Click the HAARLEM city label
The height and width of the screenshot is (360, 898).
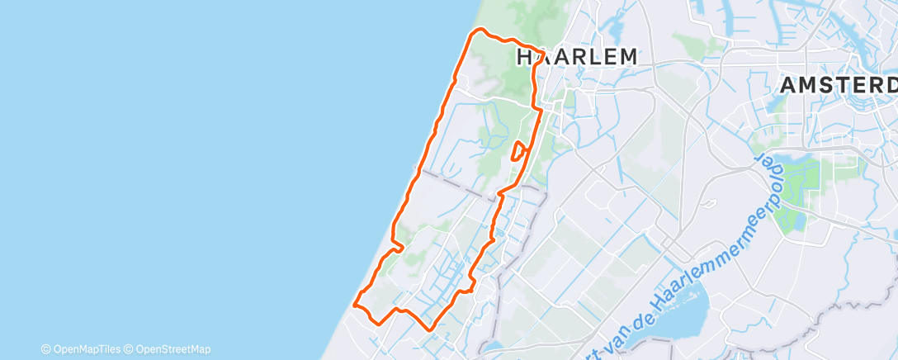click(577, 57)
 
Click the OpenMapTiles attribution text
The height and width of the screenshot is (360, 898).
click(85, 349)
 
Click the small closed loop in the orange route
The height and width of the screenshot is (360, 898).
click(519, 151)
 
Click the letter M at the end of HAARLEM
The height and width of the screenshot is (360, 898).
click(626, 57)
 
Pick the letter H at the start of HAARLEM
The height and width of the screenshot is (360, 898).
click(525, 57)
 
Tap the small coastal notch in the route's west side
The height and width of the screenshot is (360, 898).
click(399, 245)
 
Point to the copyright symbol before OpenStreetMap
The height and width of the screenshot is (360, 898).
click(129, 349)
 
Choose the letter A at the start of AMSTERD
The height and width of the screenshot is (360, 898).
click(789, 85)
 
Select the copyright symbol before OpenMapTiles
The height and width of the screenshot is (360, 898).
click(46, 349)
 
